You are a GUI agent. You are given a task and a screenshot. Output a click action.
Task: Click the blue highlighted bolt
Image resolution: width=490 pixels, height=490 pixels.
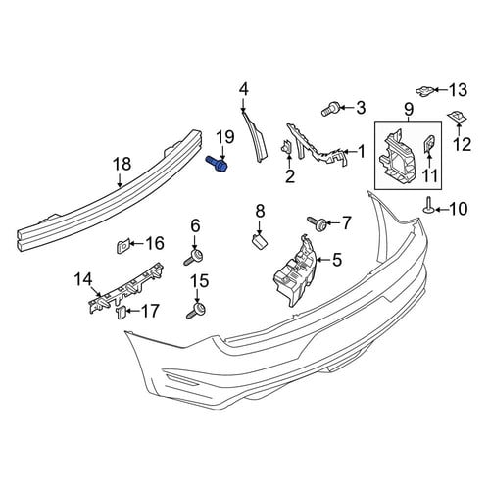click(217, 164)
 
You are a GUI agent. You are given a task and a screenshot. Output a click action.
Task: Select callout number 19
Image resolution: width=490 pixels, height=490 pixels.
click(225, 137)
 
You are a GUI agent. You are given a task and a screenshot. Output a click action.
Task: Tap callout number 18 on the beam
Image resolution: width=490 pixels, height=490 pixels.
click(122, 164)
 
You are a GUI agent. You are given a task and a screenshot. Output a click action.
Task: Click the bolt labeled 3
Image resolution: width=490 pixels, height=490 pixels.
click(330, 109)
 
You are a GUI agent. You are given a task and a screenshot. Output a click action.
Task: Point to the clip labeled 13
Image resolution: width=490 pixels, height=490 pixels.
click(425, 91)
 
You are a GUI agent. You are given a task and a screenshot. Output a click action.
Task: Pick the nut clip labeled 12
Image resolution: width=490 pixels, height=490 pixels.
click(458, 117)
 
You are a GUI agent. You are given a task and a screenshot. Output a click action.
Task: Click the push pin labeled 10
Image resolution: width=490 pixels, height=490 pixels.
click(427, 206)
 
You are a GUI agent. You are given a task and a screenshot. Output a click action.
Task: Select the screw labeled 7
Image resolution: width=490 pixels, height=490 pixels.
click(318, 223)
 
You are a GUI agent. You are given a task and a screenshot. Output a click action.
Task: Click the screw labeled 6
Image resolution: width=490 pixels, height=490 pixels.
click(193, 257)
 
